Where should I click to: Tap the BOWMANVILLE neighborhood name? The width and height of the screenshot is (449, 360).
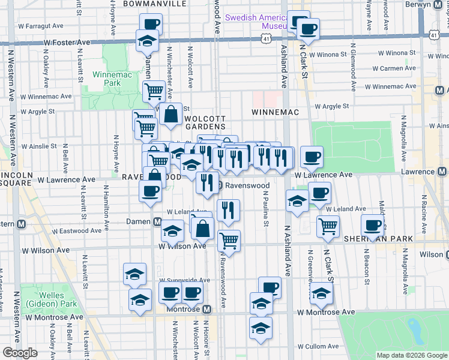click(154, 4)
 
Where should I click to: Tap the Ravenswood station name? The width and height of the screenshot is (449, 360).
click(247, 185)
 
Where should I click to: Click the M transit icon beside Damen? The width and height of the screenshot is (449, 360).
click(157, 222)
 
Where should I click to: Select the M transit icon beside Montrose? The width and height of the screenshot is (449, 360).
click(207, 309)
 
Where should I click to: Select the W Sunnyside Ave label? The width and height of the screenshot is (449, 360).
click(184, 280)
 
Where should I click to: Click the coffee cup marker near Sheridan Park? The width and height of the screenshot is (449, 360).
click(372, 225)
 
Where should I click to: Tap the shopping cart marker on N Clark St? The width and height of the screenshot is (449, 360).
click(328, 226)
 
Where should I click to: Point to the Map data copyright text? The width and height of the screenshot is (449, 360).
click(411, 355)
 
